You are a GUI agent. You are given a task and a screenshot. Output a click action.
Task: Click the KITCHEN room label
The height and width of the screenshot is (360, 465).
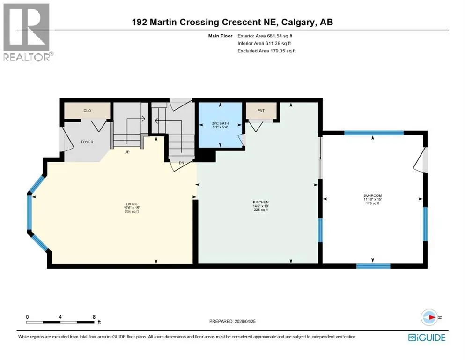click(261, 202)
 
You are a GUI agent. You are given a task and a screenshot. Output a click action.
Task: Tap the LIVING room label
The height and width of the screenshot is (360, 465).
click(132, 204)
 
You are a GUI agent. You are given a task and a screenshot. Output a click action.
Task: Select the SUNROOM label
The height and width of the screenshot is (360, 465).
click(373, 195)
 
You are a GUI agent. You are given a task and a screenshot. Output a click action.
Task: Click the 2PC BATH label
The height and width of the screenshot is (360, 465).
click(221, 123)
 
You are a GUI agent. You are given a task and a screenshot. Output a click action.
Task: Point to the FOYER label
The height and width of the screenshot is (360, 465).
click(87, 142)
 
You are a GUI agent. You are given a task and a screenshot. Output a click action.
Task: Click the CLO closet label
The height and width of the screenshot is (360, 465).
click(87, 111)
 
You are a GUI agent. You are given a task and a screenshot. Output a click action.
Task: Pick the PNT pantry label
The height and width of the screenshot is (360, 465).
click(261, 111)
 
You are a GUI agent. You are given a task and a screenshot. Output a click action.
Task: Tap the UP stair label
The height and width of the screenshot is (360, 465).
click(127, 152)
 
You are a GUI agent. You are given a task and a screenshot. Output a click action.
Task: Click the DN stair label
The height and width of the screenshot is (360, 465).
click(182, 163)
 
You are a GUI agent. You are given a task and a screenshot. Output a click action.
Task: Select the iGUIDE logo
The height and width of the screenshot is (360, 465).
click(427, 338)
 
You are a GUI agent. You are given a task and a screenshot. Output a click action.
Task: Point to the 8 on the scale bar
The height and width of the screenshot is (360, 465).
click(94, 317)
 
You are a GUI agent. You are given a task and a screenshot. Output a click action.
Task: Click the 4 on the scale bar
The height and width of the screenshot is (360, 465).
click(60, 317)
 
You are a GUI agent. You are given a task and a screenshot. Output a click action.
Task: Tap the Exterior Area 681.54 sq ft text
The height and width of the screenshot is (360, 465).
click(265, 36)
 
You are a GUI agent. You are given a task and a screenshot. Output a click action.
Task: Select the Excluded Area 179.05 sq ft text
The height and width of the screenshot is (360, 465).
click(266, 51)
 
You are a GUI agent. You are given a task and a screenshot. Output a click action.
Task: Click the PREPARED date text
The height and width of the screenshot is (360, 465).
click(232, 321)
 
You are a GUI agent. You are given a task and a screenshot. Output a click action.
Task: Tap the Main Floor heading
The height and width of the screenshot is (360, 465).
click(220, 36)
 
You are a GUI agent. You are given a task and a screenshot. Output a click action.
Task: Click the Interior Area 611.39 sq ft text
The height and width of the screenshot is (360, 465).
click(264, 43)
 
